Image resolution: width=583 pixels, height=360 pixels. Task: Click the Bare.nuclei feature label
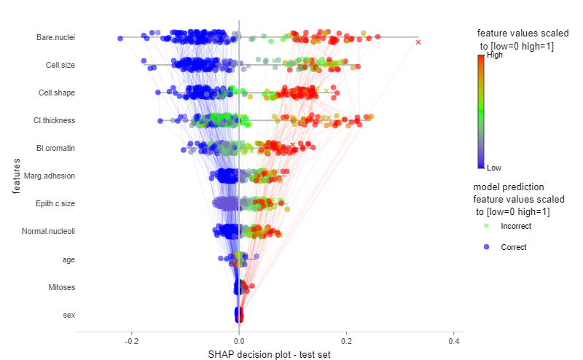point(55,37)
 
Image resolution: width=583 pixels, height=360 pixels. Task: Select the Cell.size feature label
point(60,65)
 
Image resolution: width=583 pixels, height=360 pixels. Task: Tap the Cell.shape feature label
point(57,93)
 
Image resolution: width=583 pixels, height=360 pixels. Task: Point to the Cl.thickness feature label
point(54,120)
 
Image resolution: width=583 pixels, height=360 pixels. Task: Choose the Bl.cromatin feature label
point(55,148)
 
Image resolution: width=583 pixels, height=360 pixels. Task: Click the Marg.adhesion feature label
point(50,176)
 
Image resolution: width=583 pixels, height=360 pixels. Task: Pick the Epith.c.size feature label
point(55,203)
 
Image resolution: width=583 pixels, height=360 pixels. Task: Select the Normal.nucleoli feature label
point(48,231)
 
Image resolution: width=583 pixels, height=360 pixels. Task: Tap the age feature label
point(69,259)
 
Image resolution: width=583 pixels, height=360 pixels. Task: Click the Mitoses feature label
point(62,287)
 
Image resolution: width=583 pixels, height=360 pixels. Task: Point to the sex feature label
point(69,315)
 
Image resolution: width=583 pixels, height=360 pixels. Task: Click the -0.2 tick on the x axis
point(132,341)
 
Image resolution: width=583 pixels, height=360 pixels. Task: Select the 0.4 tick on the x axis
point(453,341)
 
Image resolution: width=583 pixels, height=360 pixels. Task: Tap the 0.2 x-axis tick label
point(346,341)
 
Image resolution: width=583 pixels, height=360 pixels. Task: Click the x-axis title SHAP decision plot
point(269,354)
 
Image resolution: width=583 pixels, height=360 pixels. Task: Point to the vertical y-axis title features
point(16,176)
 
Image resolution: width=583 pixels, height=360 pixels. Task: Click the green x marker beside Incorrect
point(486,226)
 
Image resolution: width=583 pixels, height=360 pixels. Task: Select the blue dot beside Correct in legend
point(486,247)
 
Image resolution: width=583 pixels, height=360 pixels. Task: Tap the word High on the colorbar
point(495,55)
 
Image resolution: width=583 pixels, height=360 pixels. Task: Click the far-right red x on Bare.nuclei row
point(418,42)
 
